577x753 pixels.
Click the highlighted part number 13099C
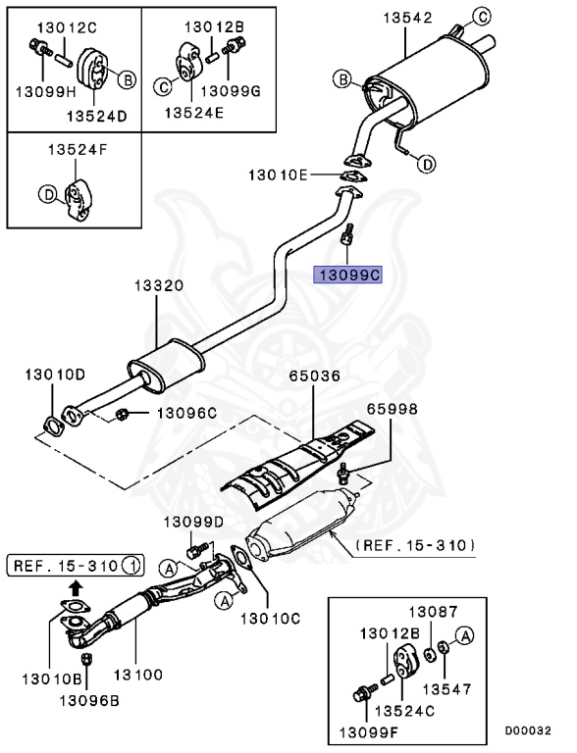346,276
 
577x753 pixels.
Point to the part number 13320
158,286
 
